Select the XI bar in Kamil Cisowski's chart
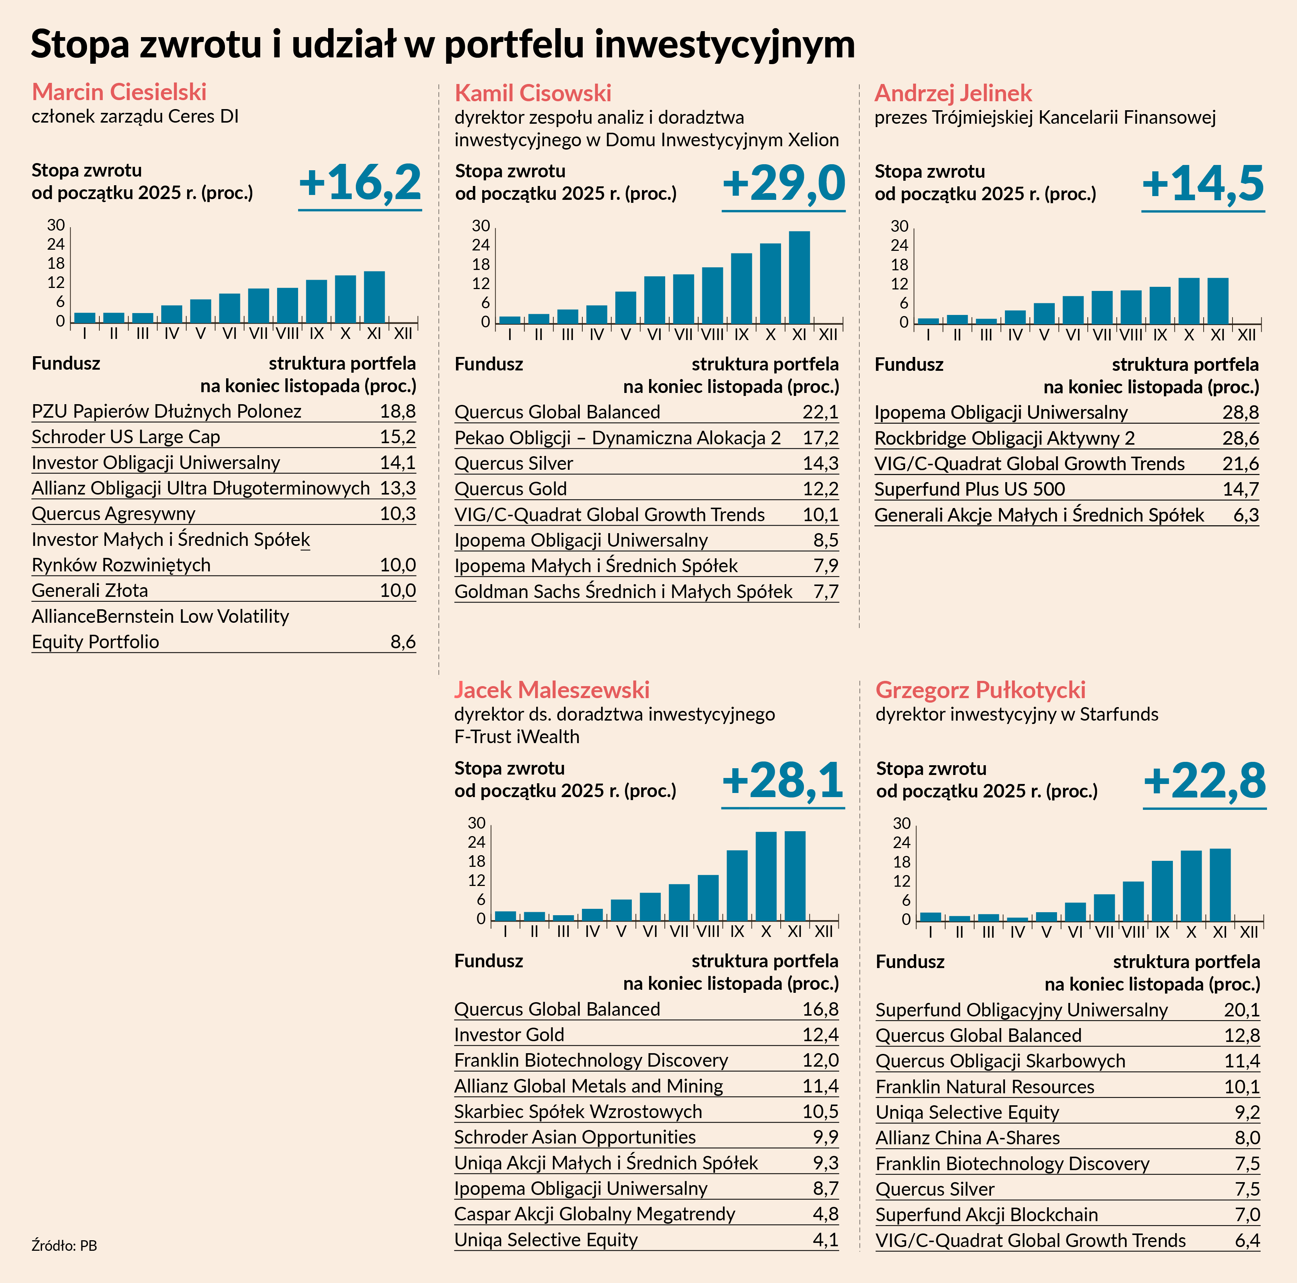coord(799,277)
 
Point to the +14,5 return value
coord(1203,184)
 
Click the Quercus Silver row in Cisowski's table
coord(514,463)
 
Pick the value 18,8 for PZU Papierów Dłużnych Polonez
coord(397,411)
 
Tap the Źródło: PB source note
coord(64,1246)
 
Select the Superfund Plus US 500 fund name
coord(969,489)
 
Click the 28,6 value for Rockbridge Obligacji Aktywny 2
coord(1240,438)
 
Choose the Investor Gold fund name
coord(509,1034)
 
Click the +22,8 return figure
coord(1204,781)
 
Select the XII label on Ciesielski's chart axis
coord(403,333)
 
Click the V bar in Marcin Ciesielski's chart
coord(200,311)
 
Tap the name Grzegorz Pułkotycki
coord(980,689)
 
